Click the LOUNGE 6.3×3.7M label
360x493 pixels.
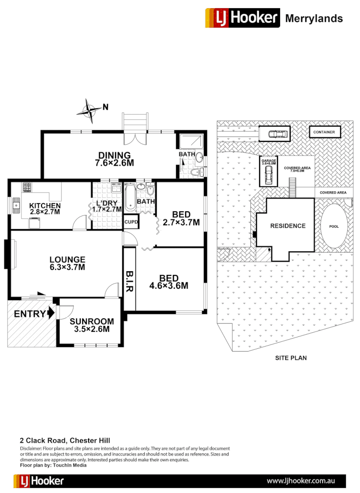click(68, 263)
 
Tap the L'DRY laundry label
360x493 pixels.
click(106, 205)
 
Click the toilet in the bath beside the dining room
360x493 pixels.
click(198, 172)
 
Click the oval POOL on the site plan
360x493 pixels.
click(334, 226)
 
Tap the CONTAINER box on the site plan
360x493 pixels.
click(324, 132)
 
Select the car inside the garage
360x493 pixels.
click(268, 173)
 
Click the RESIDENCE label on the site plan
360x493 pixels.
click(287, 226)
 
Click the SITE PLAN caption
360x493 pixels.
click(291, 358)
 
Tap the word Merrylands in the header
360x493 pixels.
click(313, 18)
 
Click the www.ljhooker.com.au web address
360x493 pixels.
click(301, 481)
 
